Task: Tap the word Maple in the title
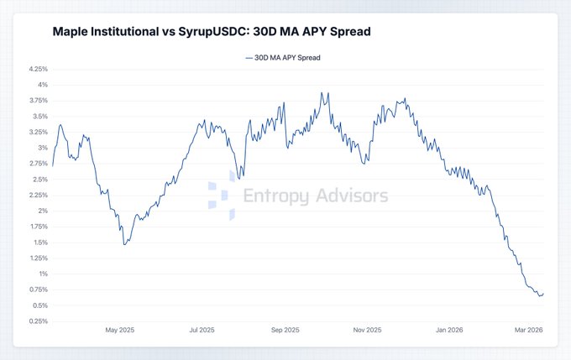point(71,31)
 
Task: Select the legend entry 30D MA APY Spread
point(282,58)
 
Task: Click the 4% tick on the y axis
point(41,85)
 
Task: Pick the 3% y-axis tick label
point(41,148)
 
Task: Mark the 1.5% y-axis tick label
point(38,243)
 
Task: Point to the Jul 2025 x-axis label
point(203,331)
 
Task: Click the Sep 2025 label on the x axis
point(285,331)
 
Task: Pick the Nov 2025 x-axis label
point(367,331)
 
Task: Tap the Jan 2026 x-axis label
point(448,331)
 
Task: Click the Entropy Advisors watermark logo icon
point(221,196)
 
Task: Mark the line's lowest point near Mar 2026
point(540,295)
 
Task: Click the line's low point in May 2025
point(124,244)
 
